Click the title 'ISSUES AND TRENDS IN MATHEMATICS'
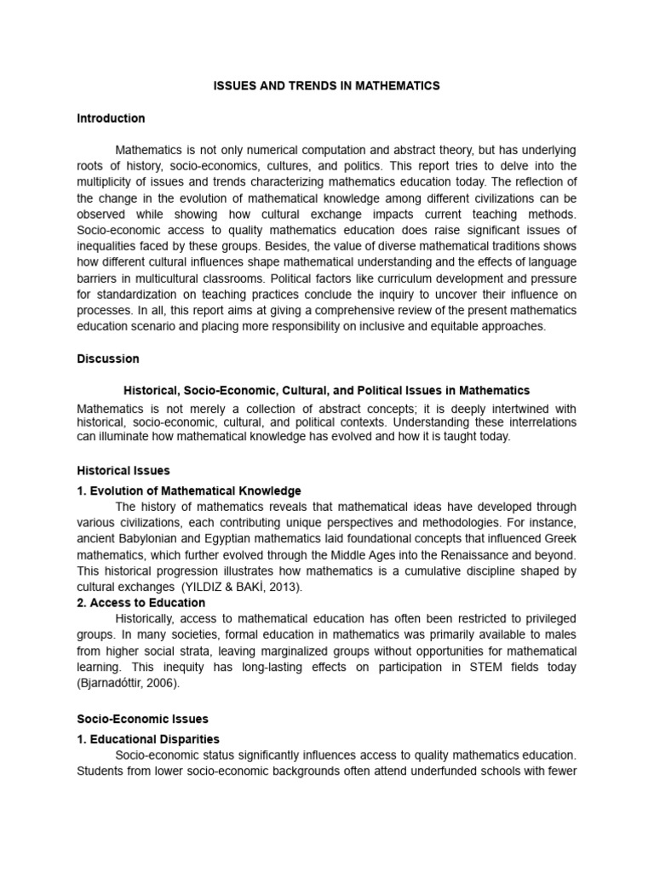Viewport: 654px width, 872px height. pyautogui.click(x=326, y=86)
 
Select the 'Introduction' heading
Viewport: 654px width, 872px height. pyautogui.click(x=111, y=118)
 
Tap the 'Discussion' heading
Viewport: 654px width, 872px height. pyautogui.click(x=108, y=359)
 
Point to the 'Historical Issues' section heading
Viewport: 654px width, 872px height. pyautogui.click(x=123, y=470)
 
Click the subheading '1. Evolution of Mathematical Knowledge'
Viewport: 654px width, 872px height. pyautogui.click(x=189, y=490)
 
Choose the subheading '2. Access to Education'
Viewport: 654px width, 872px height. pyautogui.click(x=141, y=603)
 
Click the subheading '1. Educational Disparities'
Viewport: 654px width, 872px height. pyautogui.click(x=148, y=739)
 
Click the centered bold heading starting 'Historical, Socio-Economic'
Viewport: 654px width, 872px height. pyautogui.click(x=327, y=391)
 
